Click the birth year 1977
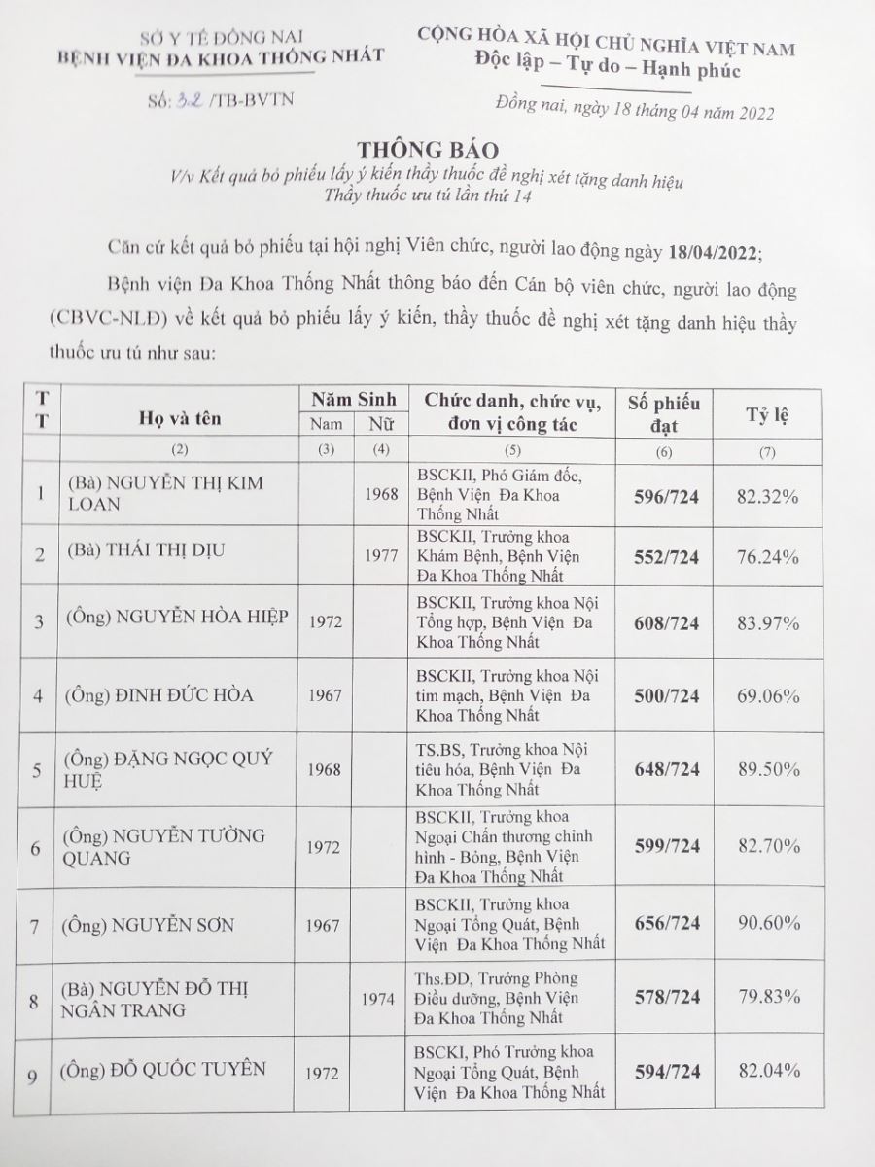pos(382,557)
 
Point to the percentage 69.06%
pos(768,696)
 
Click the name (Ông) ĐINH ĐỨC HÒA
pos(159,695)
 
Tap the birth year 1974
pos(381,998)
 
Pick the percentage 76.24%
pos(768,557)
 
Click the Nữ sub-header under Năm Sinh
pos(381,424)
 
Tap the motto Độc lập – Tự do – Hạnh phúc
pos(608,70)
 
